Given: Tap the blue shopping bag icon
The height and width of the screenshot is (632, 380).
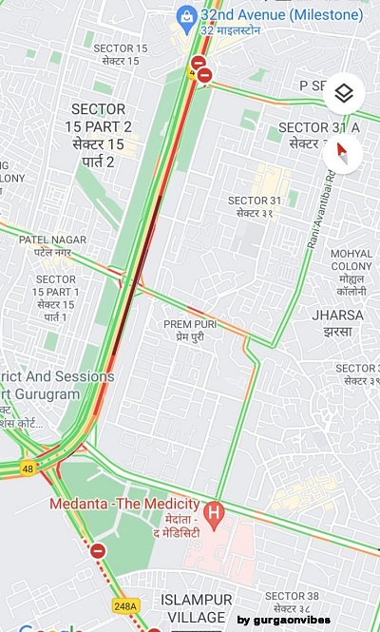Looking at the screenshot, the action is [186, 16].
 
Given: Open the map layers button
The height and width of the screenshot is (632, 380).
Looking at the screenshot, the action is [344, 93].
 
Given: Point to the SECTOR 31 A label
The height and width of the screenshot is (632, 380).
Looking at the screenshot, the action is [319, 135].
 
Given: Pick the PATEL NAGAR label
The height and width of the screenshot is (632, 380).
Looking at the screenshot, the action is [53, 246].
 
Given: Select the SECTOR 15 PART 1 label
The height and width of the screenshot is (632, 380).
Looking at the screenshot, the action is [56, 297].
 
